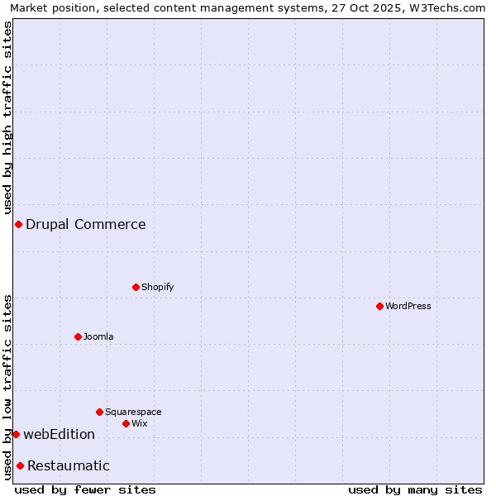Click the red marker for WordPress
(379, 306)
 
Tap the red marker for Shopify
(136, 287)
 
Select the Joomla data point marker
(78, 336)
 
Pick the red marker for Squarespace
(99, 412)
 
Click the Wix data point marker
(126, 423)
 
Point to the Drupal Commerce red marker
(18, 224)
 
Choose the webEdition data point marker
(16, 434)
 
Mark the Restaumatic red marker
(20, 465)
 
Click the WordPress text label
(408, 306)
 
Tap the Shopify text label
(157, 287)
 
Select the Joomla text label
(98, 336)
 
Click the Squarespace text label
(133, 412)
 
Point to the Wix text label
(139, 423)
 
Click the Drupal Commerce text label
(86, 224)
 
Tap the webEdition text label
(60, 434)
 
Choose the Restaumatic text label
(69, 465)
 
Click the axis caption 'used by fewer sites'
(85, 489)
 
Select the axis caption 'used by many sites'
(415, 489)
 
